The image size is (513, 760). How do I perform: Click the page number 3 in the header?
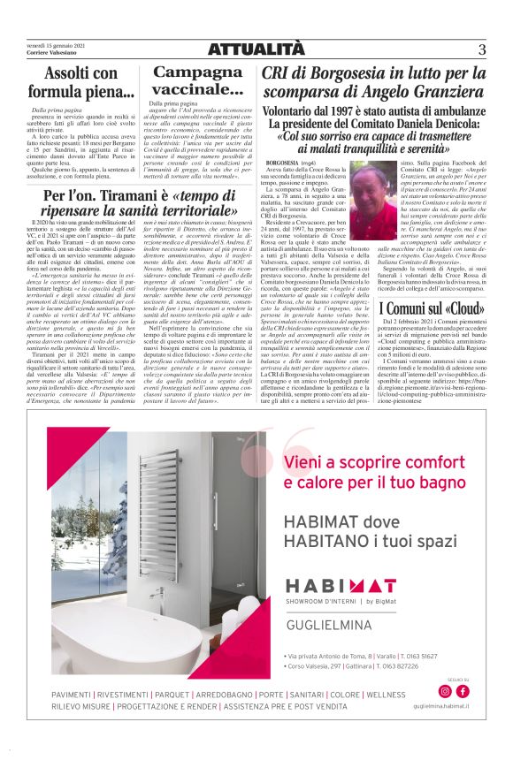[482, 49]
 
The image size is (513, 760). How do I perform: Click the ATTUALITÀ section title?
[256, 50]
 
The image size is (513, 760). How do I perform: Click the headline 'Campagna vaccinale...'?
[198, 81]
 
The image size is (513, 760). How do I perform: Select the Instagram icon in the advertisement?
[445, 691]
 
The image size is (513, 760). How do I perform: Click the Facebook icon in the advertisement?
[462, 691]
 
